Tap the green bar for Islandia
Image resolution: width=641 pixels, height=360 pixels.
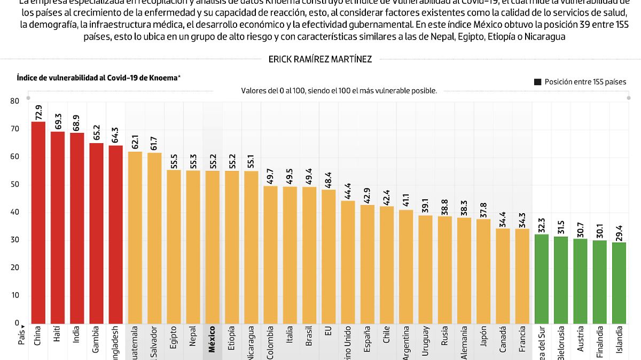(x=619, y=283)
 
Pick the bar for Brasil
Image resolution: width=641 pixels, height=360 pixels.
(x=309, y=255)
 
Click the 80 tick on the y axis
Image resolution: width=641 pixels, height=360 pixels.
(x=14, y=101)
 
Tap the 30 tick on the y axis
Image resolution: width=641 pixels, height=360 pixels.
(x=14, y=240)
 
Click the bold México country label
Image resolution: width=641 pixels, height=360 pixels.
(x=212, y=338)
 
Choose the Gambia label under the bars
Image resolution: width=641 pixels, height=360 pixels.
(x=96, y=339)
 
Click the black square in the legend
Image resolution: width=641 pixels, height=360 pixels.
(x=537, y=82)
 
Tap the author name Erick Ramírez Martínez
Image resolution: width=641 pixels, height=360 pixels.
(x=320, y=60)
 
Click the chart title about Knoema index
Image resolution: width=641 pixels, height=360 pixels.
(x=98, y=78)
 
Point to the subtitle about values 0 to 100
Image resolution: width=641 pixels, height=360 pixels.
(x=339, y=91)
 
